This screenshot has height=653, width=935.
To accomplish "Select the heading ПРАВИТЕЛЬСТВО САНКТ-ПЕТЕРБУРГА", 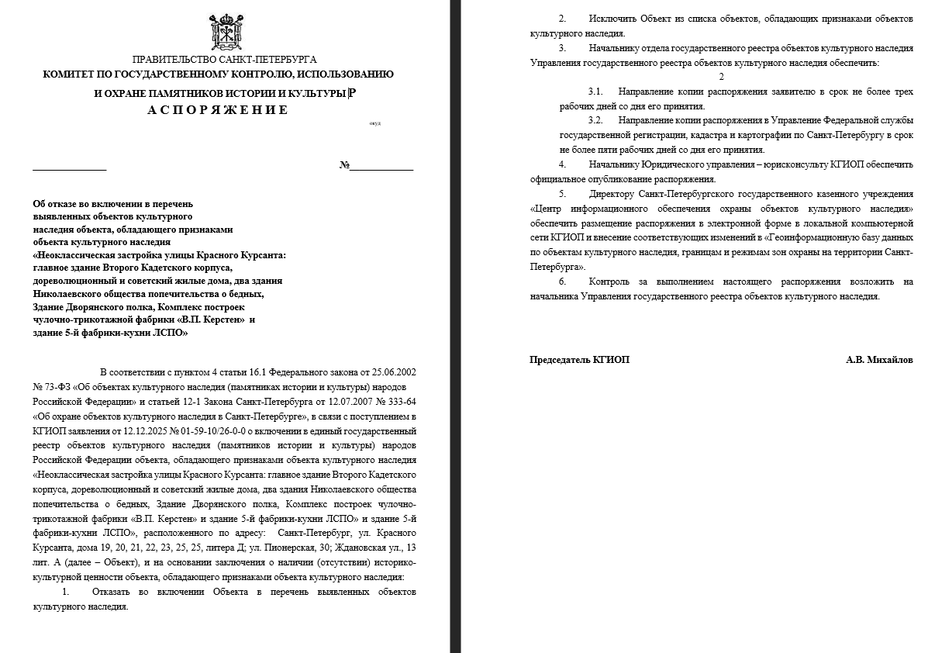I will click(x=225, y=60).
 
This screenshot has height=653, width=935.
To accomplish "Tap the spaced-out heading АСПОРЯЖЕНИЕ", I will click(x=218, y=110).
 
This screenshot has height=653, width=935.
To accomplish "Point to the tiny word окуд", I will click(x=375, y=123).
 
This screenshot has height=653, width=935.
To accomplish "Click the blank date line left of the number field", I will click(x=69, y=166).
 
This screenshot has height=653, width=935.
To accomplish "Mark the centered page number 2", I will click(x=721, y=77).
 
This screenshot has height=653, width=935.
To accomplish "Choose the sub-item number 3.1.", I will click(x=595, y=92).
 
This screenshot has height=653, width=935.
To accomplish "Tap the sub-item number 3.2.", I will click(x=595, y=121).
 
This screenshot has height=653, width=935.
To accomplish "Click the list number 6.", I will click(x=562, y=282).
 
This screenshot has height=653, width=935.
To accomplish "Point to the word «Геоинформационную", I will click(x=823, y=237).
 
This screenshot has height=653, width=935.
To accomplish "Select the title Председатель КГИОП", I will click(x=579, y=360).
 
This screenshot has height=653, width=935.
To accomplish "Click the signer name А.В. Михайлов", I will click(x=879, y=360).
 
